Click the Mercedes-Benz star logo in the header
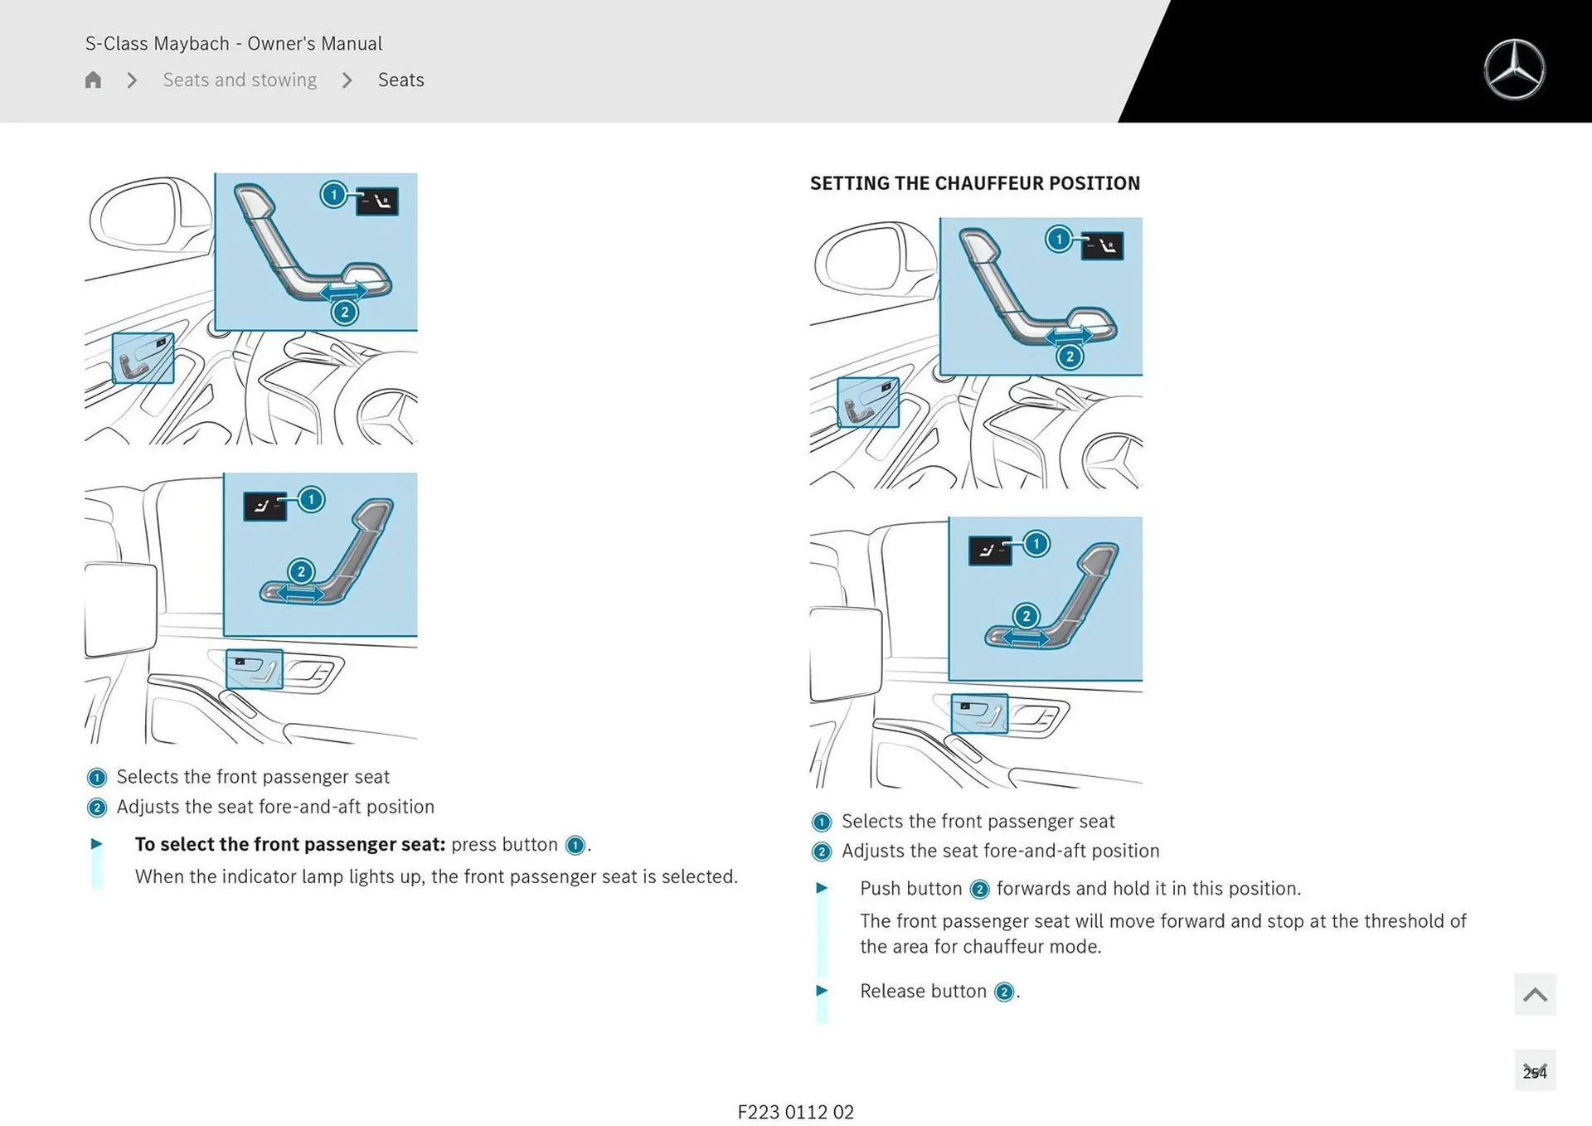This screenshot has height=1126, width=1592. (1514, 70)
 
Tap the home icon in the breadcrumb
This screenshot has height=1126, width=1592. (93, 80)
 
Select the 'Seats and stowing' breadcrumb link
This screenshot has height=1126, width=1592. (240, 80)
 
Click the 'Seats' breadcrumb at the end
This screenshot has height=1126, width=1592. (400, 80)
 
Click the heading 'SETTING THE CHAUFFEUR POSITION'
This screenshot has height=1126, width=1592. (974, 183)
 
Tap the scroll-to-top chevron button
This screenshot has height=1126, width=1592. (1534, 994)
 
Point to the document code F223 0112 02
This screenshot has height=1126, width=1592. (795, 1112)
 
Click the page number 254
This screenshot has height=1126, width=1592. (1534, 1072)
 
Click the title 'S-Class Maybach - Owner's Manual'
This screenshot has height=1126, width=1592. (234, 43)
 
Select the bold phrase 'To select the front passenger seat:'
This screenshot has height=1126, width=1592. (290, 844)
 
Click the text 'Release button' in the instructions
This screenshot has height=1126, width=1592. (923, 991)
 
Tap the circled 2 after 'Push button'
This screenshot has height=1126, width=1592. (979, 890)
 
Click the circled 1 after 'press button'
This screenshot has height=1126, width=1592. (575, 846)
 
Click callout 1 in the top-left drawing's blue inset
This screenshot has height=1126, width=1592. (333, 195)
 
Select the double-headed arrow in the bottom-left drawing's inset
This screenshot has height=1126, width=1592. (300, 594)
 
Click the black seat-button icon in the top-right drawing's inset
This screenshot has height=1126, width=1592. (1102, 246)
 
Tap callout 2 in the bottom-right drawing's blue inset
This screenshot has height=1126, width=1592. (1027, 616)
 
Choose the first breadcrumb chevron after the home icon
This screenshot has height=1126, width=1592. (132, 80)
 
